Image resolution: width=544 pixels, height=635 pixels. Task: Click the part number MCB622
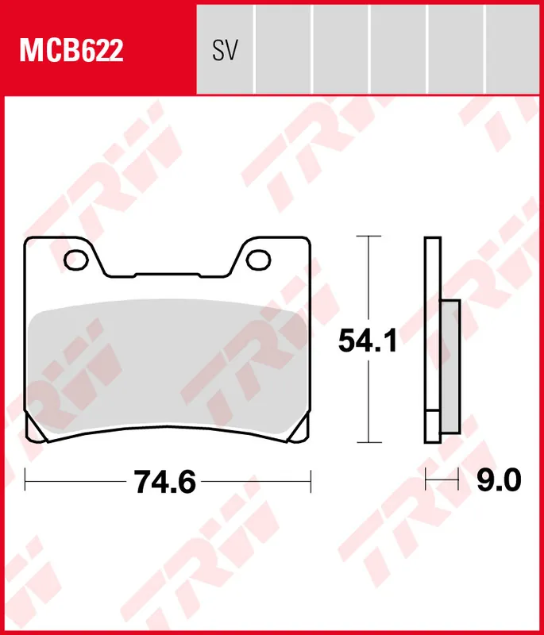[x=71, y=51]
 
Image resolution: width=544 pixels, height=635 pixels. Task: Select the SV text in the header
[x=225, y=51]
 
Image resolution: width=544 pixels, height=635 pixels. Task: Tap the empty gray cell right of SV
[x=283, y=48]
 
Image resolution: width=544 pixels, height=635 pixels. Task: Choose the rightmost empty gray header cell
[x=514, y=48]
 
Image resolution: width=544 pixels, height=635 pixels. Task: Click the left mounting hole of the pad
[x=77, y=260]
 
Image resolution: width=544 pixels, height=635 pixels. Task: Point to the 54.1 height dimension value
[x=366, y=342]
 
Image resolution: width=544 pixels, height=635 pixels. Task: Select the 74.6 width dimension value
[x=164, y=482]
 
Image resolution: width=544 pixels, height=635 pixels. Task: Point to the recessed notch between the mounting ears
[x=168, y=274]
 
